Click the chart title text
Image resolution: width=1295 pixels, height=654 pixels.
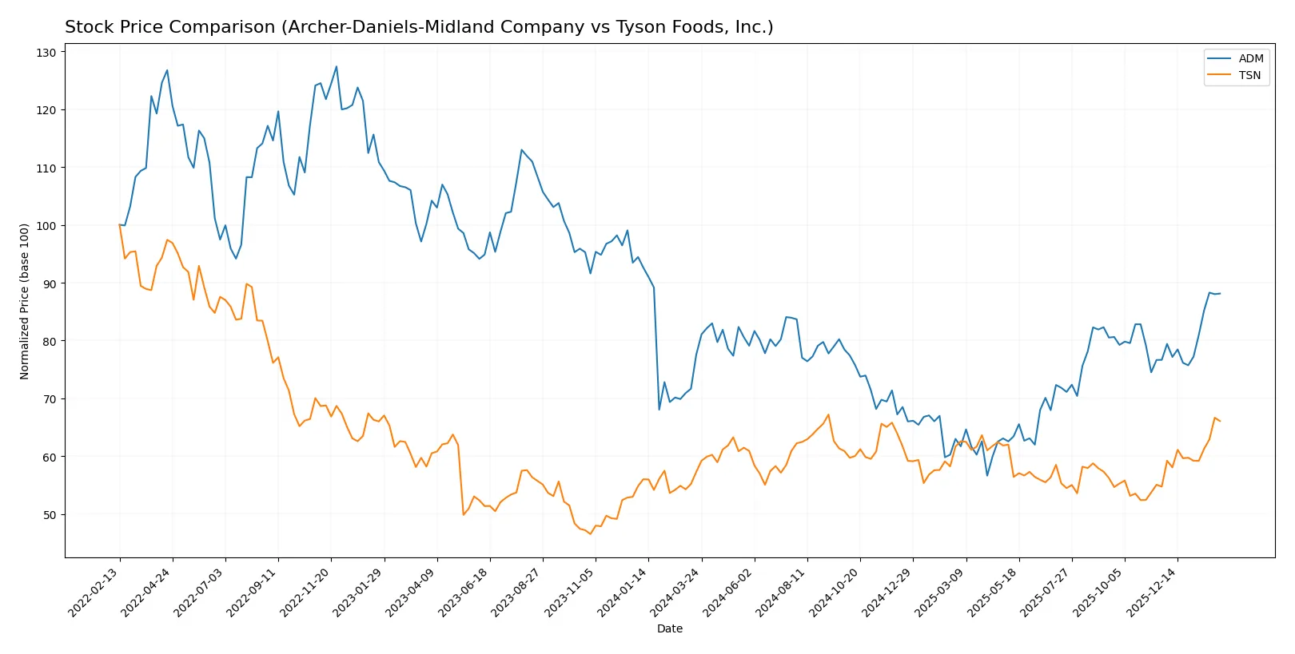click(x=419, y=27)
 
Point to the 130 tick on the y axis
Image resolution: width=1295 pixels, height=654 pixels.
click(x=46, y=53)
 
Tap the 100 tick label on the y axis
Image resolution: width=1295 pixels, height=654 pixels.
click(x=46, y=226)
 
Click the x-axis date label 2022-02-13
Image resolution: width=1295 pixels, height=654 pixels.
click(x=94, y=592)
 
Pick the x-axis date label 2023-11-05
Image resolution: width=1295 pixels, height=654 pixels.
click(x=569, y=592)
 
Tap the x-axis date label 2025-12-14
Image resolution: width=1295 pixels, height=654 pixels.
click(x=1151, y=592)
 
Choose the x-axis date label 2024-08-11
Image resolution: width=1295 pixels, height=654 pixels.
click(x=781, y=592)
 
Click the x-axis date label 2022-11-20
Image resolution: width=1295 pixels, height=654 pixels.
click(x=305, y=592)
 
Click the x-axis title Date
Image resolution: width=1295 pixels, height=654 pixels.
click(x=669, y=628)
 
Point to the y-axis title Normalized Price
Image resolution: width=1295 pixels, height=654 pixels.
click(x=24, y=301)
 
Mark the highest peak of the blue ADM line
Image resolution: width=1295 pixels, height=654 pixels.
click(x=337, y=66)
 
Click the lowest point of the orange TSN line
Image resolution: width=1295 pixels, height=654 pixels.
click(x=591, y=533)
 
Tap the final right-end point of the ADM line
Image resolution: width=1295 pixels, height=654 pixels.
click(x=1220, y=293)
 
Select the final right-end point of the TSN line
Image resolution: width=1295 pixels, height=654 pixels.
click(x=1220, y=421)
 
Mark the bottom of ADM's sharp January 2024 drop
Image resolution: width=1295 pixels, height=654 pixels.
click(x=659, y=410)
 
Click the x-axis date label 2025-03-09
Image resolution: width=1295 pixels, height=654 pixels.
click(x=939, y=592)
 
